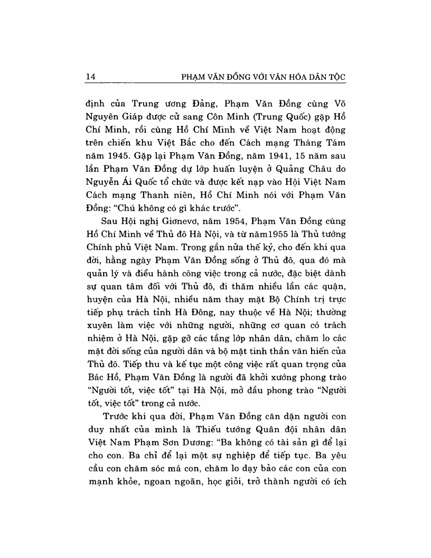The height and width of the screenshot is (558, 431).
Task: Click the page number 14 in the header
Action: pyautogui.click(x=90, y=77)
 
